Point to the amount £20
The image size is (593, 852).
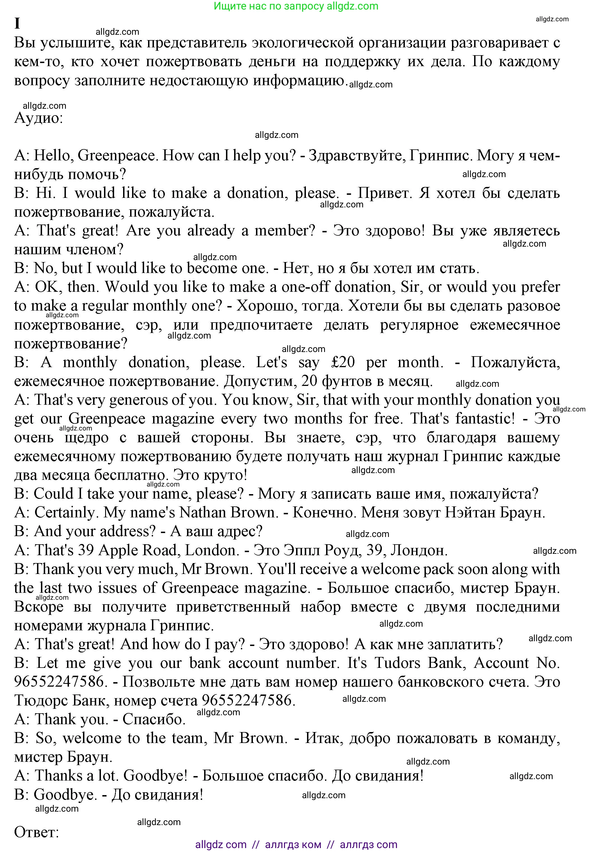click(x=343, y=362)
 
